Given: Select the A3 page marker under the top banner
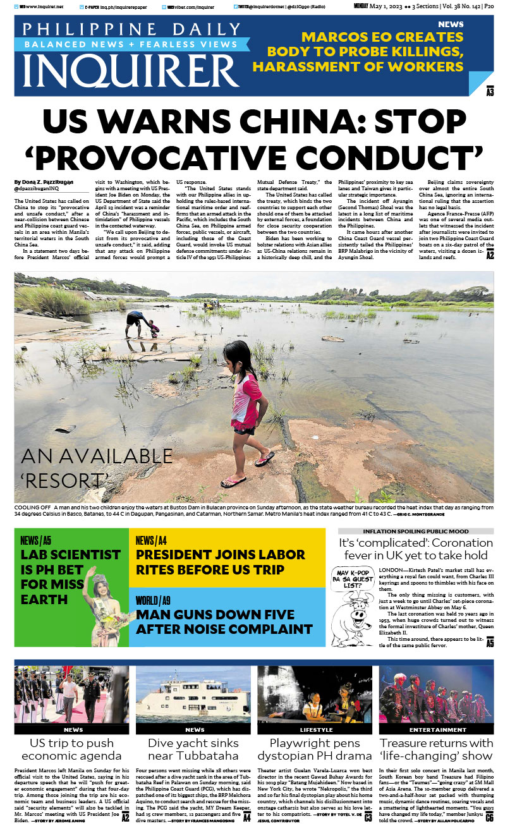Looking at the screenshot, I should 490,92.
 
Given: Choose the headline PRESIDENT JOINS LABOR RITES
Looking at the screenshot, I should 221,562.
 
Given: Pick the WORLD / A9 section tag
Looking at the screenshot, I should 152,600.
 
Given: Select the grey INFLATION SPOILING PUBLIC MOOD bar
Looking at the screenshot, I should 416,531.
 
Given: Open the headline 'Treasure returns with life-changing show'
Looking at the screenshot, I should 436,749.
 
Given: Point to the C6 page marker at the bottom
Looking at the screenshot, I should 489,817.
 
